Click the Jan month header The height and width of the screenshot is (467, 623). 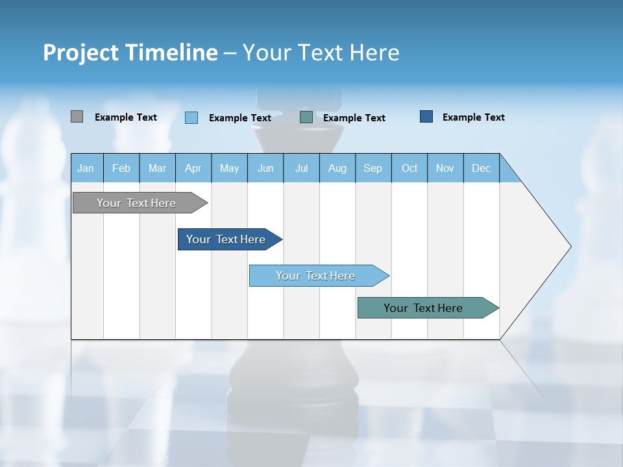[86, 168]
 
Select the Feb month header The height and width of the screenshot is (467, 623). [121, 168]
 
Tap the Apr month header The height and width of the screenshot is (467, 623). [193, 168]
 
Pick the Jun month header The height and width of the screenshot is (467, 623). [265, 168]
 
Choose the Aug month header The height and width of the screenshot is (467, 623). [337, 168]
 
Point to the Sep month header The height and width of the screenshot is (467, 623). [373, 168]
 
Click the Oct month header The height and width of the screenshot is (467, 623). [409, 168]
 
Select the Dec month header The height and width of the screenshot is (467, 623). [481, 168]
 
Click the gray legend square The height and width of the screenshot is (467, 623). [77, 117]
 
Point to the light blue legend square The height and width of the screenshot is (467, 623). [191, 117]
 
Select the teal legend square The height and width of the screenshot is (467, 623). [306, 117]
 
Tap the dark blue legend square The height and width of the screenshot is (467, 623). [426, 117]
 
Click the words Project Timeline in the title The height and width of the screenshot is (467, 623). [130, 53]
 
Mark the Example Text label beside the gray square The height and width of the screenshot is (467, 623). [126, 117]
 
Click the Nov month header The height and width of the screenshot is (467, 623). [445, 168]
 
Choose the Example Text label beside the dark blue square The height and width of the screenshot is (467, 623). [474, 117]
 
